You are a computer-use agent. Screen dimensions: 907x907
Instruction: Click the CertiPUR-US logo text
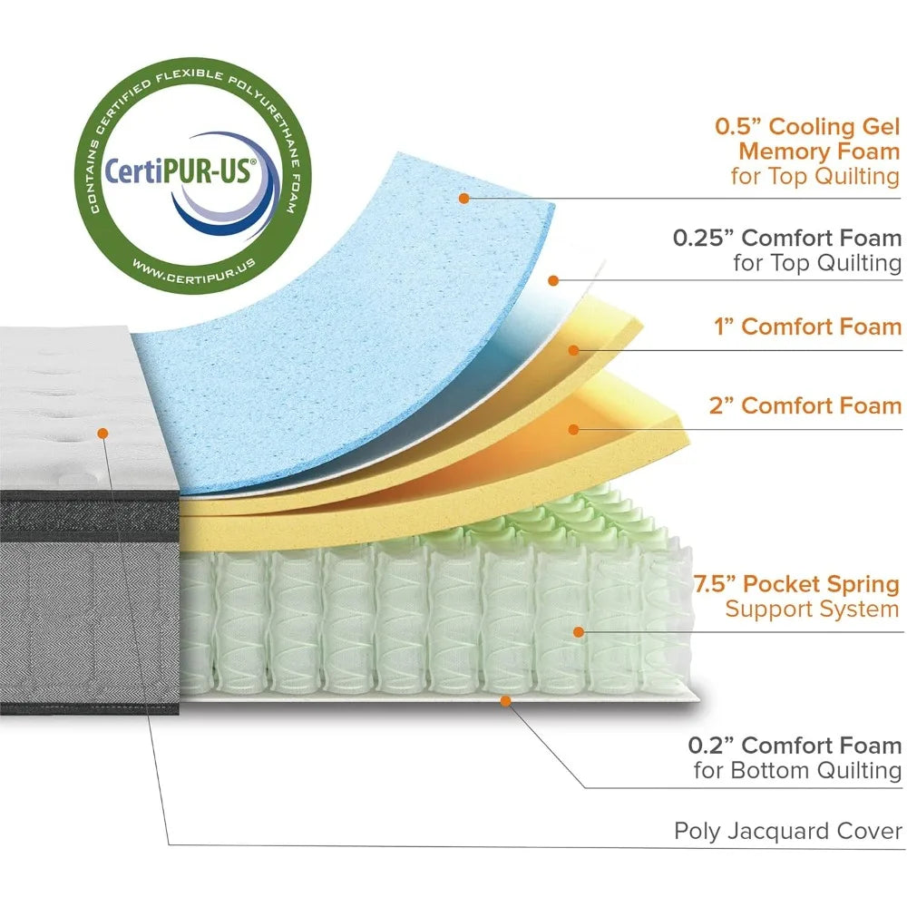181,169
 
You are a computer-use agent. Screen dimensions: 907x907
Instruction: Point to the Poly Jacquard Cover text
787,831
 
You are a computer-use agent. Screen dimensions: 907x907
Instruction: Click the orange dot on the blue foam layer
464,197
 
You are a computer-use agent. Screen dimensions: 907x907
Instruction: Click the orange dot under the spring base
506,700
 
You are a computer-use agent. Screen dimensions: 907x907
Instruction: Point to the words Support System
812,609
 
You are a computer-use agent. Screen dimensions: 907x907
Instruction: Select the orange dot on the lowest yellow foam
572,428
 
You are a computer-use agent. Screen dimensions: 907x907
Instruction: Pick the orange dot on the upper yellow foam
572,349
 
